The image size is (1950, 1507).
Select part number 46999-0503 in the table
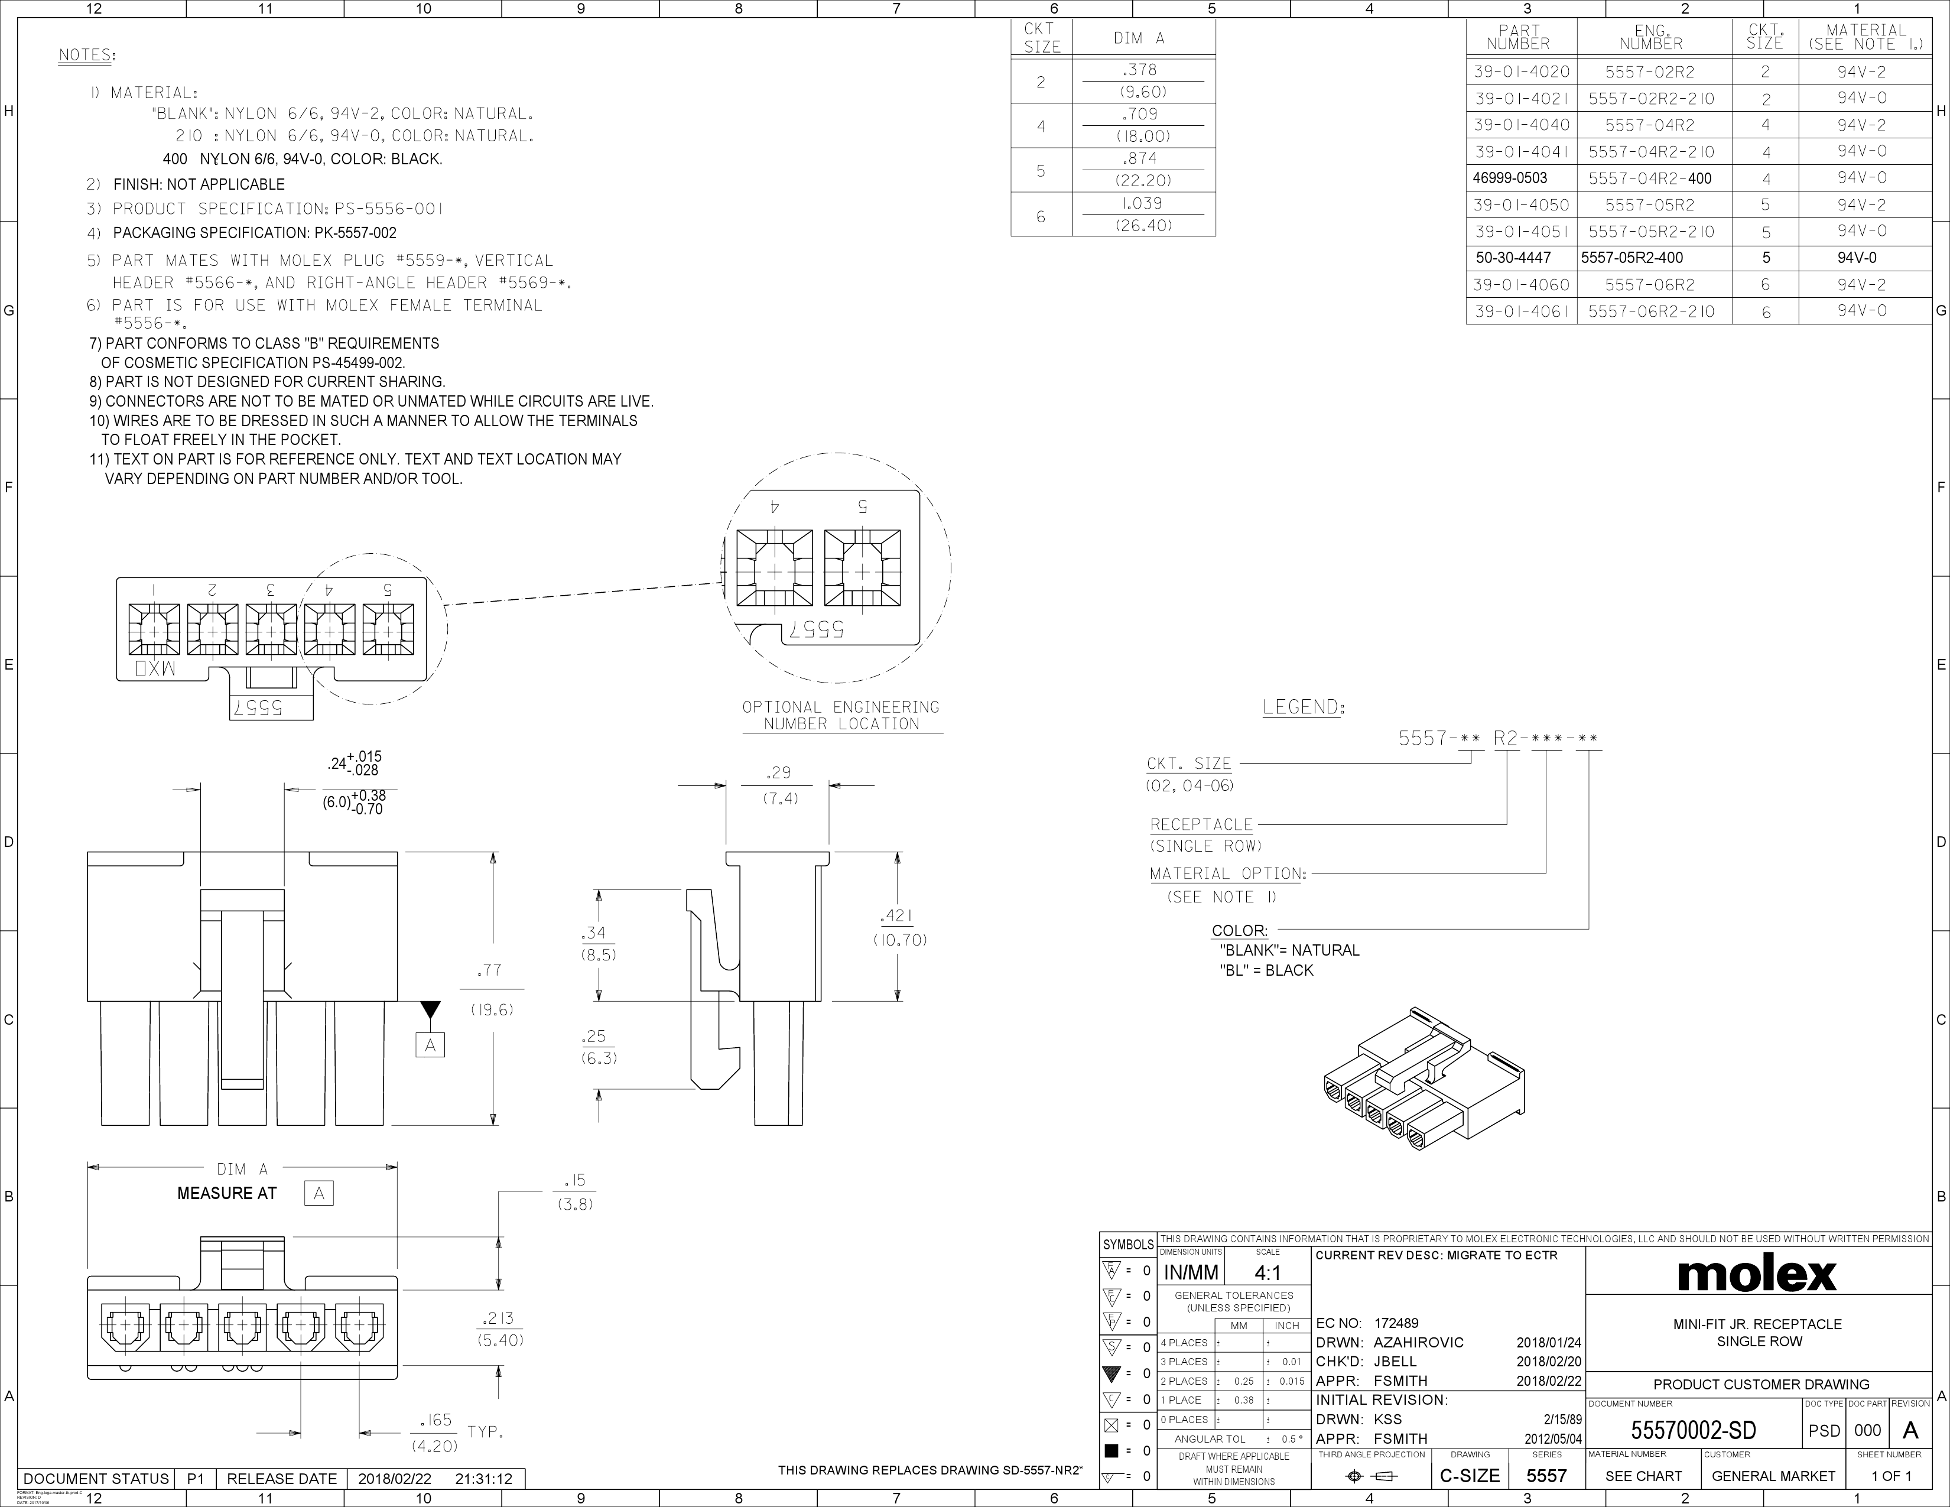click(x=1510, y=178)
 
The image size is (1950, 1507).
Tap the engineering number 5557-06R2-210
click(x=1651, y=311)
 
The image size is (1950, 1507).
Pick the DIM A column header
click(x=1139, y=38)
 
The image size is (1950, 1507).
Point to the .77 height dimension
click(x=489, y=970)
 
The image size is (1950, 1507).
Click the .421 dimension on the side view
click(x=896, y=916)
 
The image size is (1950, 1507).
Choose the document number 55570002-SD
click(x=1693, y=1430)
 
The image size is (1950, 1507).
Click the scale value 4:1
click(x=1267, y=1273)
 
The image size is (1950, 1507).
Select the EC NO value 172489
click(x=1396, y=1323)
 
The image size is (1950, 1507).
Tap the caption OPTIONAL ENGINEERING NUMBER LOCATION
click(x=841, y=715)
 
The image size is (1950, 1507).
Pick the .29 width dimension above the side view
click(x=779, y=773)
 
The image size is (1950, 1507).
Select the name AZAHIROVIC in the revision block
click(x=1418, y=1343)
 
